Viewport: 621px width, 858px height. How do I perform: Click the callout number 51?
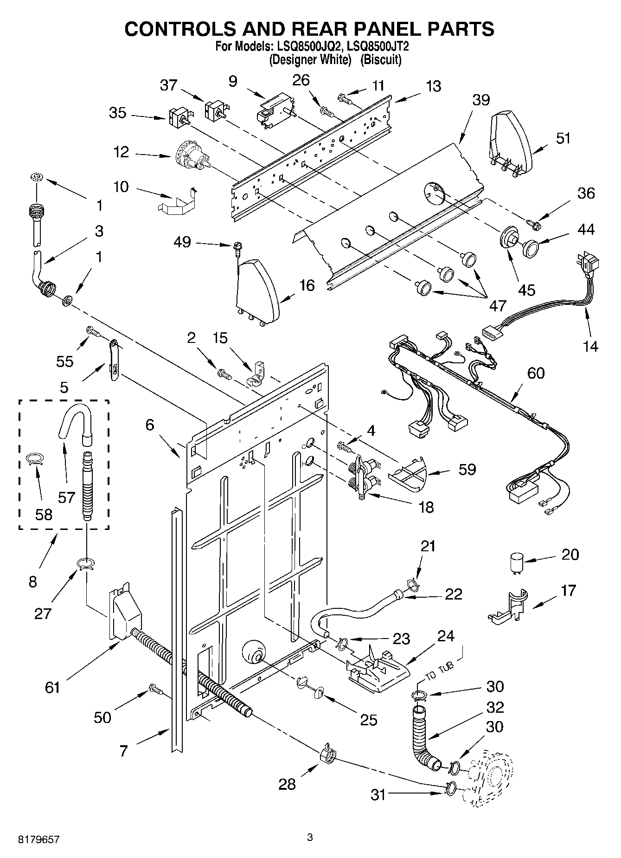coord(563,138)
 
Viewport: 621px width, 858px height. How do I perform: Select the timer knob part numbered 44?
coord(530,247)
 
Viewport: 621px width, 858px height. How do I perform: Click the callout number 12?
coord(122,152)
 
